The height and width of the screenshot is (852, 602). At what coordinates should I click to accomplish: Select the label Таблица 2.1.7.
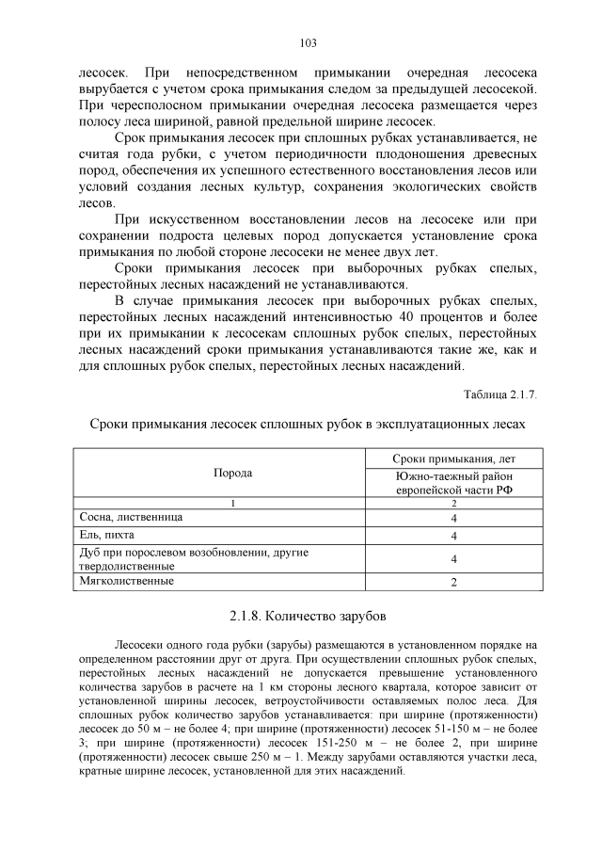[x=500, y=393]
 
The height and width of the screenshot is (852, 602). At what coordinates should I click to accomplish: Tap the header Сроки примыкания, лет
[x=453, y=458]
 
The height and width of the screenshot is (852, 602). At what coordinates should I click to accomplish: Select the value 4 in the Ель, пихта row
[x=453, y=537]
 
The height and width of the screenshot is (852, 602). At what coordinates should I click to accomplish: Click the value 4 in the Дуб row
[x=453, y=559]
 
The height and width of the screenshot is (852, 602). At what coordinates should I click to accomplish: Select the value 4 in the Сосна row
[x=453, y=519]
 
